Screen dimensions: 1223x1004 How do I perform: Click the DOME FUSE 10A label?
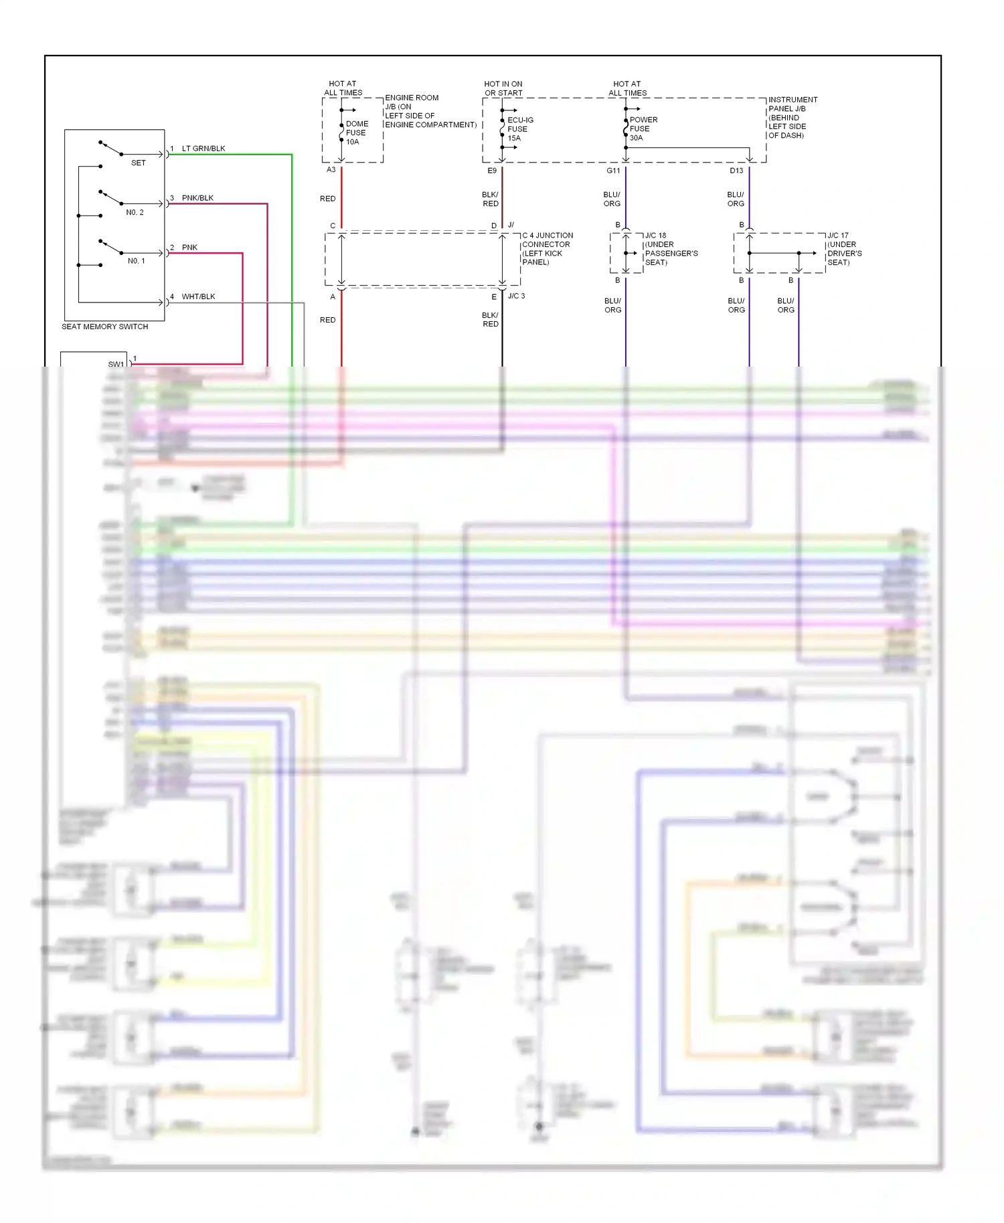(x=356, y=132)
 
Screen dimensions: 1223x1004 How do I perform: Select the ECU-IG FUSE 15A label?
(x=519, y=129)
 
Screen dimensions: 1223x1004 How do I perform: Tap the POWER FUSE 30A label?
(x=643, y=128)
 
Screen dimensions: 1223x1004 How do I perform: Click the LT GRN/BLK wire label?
(x=203, y=149)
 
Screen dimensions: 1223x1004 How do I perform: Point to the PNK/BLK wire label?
(x=197, y=198)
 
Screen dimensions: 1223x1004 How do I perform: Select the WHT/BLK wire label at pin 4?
(x=198, y=296)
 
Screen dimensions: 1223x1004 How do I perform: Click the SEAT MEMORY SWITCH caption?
(x=104, y=326)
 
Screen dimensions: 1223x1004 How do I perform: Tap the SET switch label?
(x=138, y=163)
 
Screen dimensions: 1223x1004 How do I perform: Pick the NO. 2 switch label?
(x=135, y=212)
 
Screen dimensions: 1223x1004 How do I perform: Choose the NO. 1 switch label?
(x=136, y=261)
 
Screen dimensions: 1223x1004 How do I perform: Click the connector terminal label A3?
(x=331, y=170)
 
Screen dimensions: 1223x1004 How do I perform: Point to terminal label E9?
(x=492, y=171)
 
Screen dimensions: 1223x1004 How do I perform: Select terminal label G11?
(x=613, y=171)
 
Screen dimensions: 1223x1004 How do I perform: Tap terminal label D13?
(x=736, y=171)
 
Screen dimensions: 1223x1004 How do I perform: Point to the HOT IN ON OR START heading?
(x=503, y=88)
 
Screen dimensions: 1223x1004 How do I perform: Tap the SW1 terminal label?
(x=116, y=364)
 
